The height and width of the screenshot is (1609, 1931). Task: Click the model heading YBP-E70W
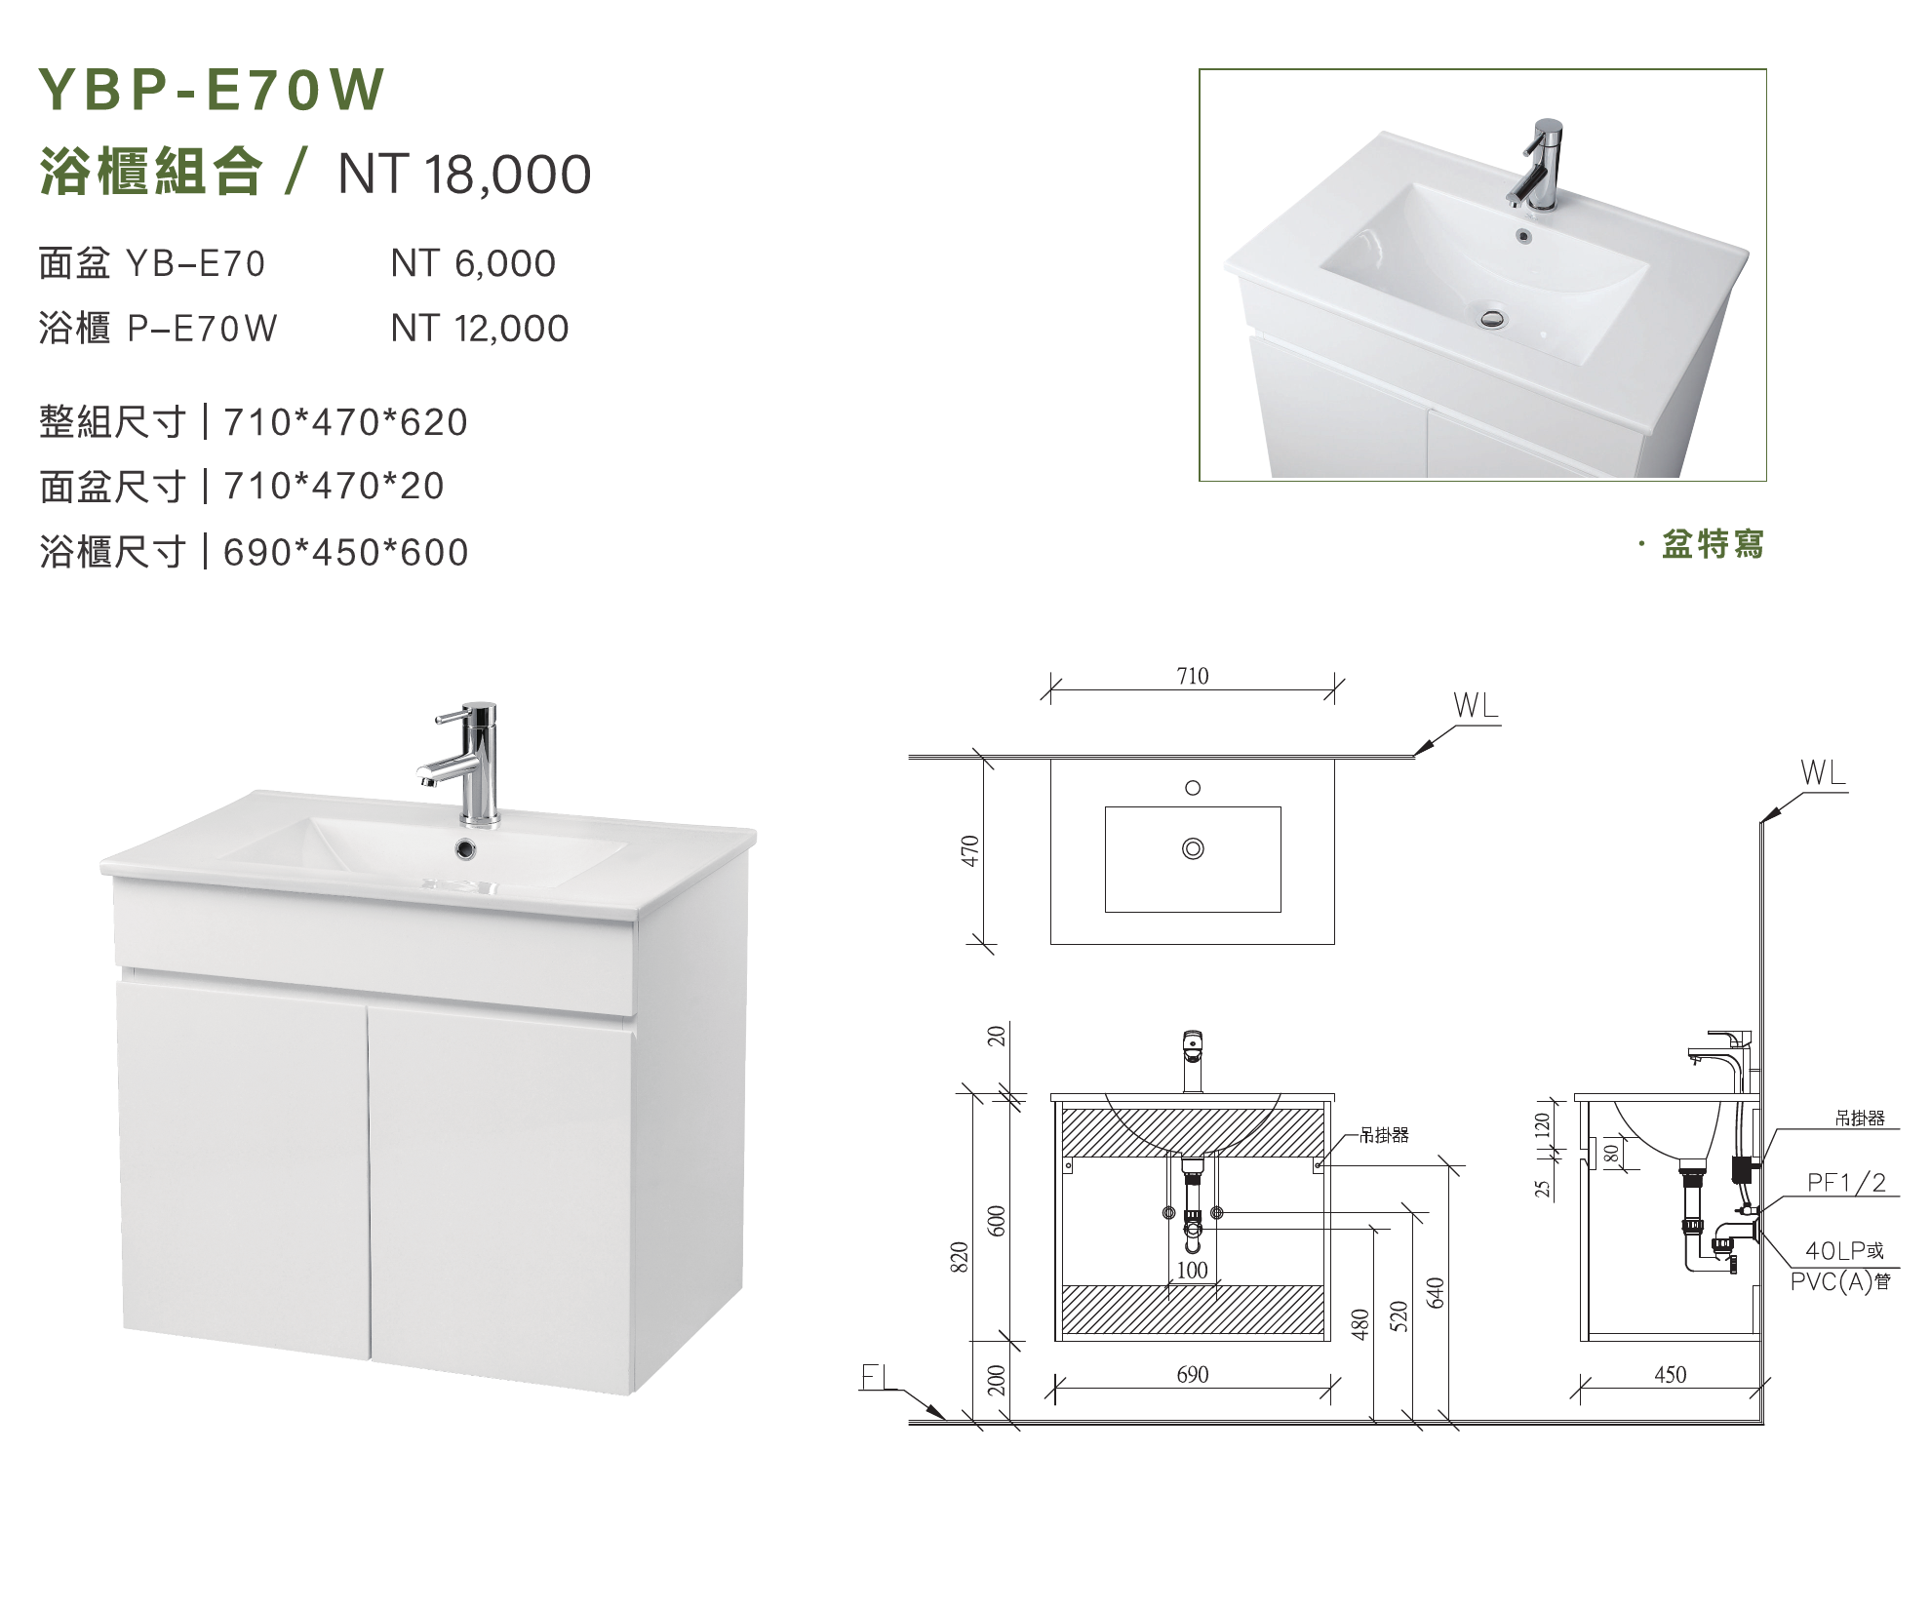click(211, 90)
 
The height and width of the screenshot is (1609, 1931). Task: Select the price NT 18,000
click(464, 175)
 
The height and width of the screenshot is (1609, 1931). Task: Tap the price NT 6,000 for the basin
click(473, 263)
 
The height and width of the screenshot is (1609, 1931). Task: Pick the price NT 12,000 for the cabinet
click(480, 329)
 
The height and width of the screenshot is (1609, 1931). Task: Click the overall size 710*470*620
click(345, 422)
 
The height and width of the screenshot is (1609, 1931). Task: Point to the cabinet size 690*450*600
click(345, 553)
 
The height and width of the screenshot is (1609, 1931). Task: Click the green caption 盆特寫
click(1713, 544)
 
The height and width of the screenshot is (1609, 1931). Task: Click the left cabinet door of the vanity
click(243, 1169)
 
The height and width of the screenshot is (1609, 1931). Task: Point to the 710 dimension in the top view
click(1192, 676)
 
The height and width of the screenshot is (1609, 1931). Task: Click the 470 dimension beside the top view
click(970, 850)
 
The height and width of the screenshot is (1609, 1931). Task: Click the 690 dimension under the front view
click(1192, 1375)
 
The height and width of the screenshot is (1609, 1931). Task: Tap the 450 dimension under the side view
click(1670, 1375)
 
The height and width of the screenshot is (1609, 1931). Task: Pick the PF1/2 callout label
click(1846, 1184)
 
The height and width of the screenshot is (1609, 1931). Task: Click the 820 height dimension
click(960, 1257)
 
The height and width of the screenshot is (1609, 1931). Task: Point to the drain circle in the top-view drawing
click(1192, 848)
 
